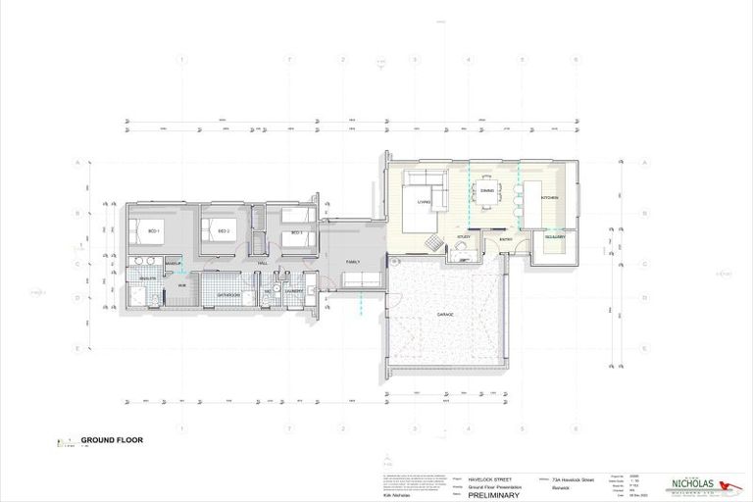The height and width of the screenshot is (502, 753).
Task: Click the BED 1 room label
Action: [x=154, y=231]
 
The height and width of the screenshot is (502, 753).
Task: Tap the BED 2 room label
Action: [x=224, y=231]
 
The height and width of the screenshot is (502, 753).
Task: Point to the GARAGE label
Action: [x=444, y=315]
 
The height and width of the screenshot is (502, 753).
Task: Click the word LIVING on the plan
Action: [x=425, y=202]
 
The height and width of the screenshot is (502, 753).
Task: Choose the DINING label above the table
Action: [x=486, y=189]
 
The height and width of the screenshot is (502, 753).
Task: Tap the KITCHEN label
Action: [x=549, y=198]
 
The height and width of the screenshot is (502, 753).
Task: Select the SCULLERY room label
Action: [x=555, y=237]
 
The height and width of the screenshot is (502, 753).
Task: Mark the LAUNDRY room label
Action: [x=292, y=291]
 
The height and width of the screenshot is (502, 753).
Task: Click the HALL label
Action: [x=262, y=263]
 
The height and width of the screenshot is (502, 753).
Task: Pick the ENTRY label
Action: [x=506, y=238]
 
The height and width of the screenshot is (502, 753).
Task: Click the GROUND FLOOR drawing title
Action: [x=112, y=440]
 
